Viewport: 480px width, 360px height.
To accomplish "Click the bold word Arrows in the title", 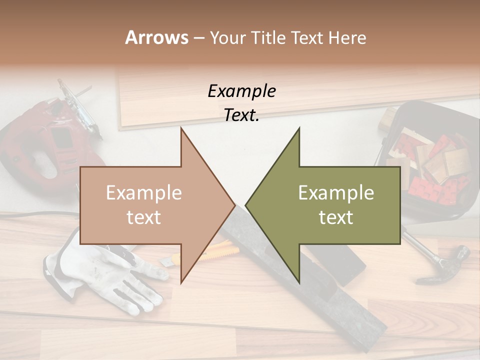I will coord(156,38).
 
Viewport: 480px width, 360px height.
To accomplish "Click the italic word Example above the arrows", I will coord(241,91).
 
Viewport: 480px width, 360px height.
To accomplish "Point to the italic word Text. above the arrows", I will coord(241,115).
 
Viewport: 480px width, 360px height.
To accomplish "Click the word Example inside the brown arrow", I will coord(144,193).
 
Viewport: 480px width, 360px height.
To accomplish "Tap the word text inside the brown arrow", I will coord(144,217).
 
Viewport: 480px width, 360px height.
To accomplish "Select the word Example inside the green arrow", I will coord(336,193).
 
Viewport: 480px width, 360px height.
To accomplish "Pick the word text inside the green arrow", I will coord(336,217).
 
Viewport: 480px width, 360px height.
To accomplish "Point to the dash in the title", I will coord(198,38).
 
